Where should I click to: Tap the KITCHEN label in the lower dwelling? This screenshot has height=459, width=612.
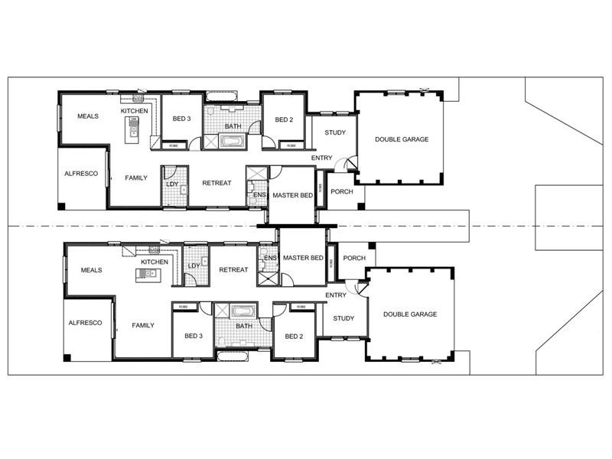tap(154, 262)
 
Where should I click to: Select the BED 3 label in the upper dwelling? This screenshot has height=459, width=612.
tap(181, 119)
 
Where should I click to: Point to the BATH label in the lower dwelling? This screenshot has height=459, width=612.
tap(244, 326)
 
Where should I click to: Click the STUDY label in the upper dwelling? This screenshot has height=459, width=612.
tap(335, 132)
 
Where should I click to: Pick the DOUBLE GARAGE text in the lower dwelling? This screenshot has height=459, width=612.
tap(410, 314)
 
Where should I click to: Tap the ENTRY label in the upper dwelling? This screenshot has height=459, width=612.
tap(322, 158)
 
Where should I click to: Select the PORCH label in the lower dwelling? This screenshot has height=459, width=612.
tap(354, 258)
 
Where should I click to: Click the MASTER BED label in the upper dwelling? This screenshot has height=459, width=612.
tap(292, 196)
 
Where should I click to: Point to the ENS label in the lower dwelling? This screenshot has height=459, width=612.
tap(269, 258)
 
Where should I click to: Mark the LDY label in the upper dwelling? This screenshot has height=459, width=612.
tap(172, 184)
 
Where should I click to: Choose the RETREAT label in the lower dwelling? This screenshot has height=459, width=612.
tap(233, 269)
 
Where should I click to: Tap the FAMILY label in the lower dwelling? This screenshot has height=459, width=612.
tap(142, 325)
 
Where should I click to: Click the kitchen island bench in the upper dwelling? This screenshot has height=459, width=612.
tap(134, 127)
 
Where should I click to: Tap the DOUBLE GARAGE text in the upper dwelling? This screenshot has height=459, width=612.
tap(402, 139)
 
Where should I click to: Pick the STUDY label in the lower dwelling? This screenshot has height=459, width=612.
tap(343, 318)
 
